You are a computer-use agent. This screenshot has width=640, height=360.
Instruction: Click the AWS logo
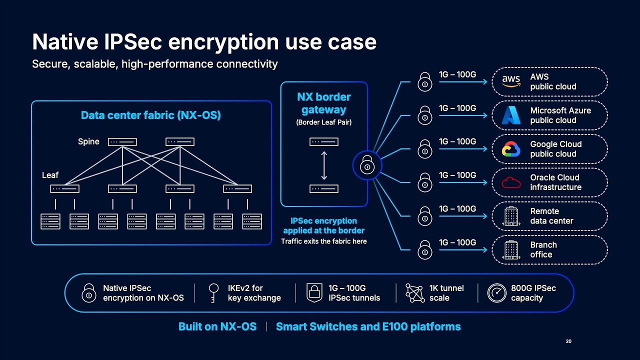(511, 81)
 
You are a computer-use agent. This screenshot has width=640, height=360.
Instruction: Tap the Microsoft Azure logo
(511, 115)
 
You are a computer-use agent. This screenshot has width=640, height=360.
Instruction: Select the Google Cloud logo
(511, 149)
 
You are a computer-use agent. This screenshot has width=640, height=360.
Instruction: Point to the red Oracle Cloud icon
(511, 182)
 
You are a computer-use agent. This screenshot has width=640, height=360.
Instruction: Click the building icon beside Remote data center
(511, 216)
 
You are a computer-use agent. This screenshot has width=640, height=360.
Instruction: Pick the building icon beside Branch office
(511, 249)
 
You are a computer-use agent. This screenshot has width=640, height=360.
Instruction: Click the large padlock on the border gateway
(367, 165)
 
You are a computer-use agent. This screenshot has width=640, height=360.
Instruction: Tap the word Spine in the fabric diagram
(88, 141)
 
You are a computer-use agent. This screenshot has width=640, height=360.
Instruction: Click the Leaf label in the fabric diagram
(50, 175)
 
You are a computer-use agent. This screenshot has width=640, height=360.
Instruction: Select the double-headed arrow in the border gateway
(324, 165)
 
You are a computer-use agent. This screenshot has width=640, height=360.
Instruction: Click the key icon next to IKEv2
(213, 293)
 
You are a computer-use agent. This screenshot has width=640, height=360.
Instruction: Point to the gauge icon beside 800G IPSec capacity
(497, 293)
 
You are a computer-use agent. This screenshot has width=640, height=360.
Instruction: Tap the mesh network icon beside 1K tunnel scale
(415, 293)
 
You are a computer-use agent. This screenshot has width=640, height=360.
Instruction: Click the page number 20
(568, 341)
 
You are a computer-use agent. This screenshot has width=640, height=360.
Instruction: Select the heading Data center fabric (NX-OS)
(151, 115)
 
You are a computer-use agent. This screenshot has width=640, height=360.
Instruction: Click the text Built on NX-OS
(217, 326)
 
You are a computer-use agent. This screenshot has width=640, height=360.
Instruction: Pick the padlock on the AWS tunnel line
(425, 82)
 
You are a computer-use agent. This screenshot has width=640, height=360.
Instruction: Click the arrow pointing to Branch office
(463, 250)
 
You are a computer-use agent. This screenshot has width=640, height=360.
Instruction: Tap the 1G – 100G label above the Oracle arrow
(457, 175)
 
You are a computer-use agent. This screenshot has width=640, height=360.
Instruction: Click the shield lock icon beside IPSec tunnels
(314, 293)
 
